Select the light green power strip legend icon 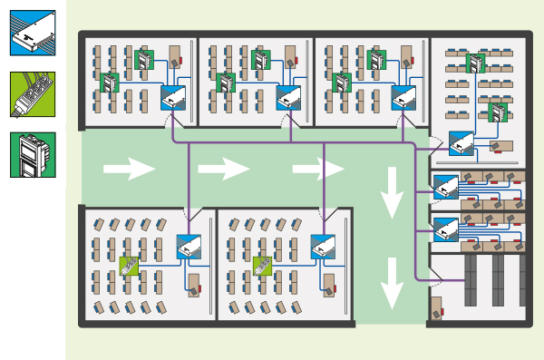[x=33, y=94]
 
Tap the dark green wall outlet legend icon [x=33, y=155]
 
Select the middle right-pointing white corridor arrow [x=223, y=169]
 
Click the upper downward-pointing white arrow [x=392, y=192]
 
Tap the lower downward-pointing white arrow [x=392, y=283]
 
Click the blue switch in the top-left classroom [x=174, y=97]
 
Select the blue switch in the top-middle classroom [x=289, y=97]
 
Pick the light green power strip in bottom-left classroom [x=131, y=266]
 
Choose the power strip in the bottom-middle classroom [x=263, y=266]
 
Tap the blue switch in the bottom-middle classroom [x=324, y=247]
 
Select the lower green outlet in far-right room [x=498, y=112]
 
